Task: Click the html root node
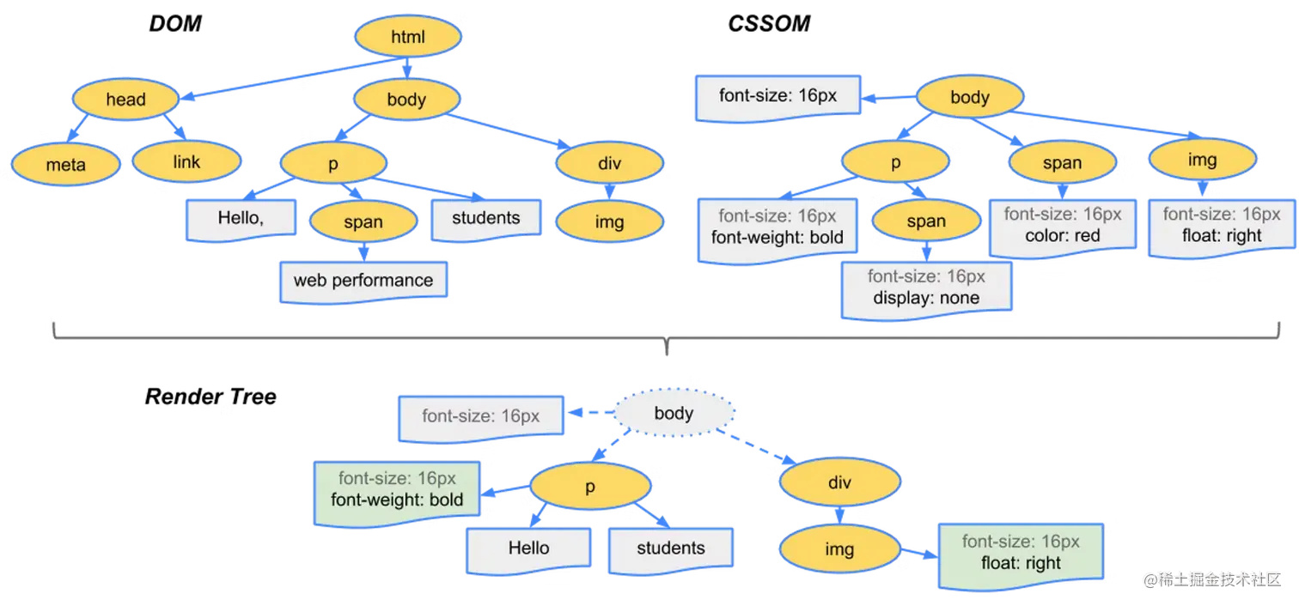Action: [408, 37]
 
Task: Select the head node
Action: [125, 100]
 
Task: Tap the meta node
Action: [66, 163]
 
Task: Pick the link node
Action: [186, 161]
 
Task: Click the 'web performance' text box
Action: [363, 281]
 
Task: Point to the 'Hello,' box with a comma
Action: [241, 218]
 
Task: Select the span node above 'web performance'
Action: [363, 222]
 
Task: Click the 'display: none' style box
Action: [926, 288]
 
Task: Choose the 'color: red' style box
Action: [1062, 226]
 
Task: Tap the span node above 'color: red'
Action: [1062, 163]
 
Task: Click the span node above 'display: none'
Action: [926, 221]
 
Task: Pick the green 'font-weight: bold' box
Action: [397, 489]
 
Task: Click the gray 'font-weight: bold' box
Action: [778, 227]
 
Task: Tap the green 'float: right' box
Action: [1021, 553]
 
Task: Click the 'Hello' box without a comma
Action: [528, 548]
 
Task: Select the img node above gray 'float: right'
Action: [1202, 161]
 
